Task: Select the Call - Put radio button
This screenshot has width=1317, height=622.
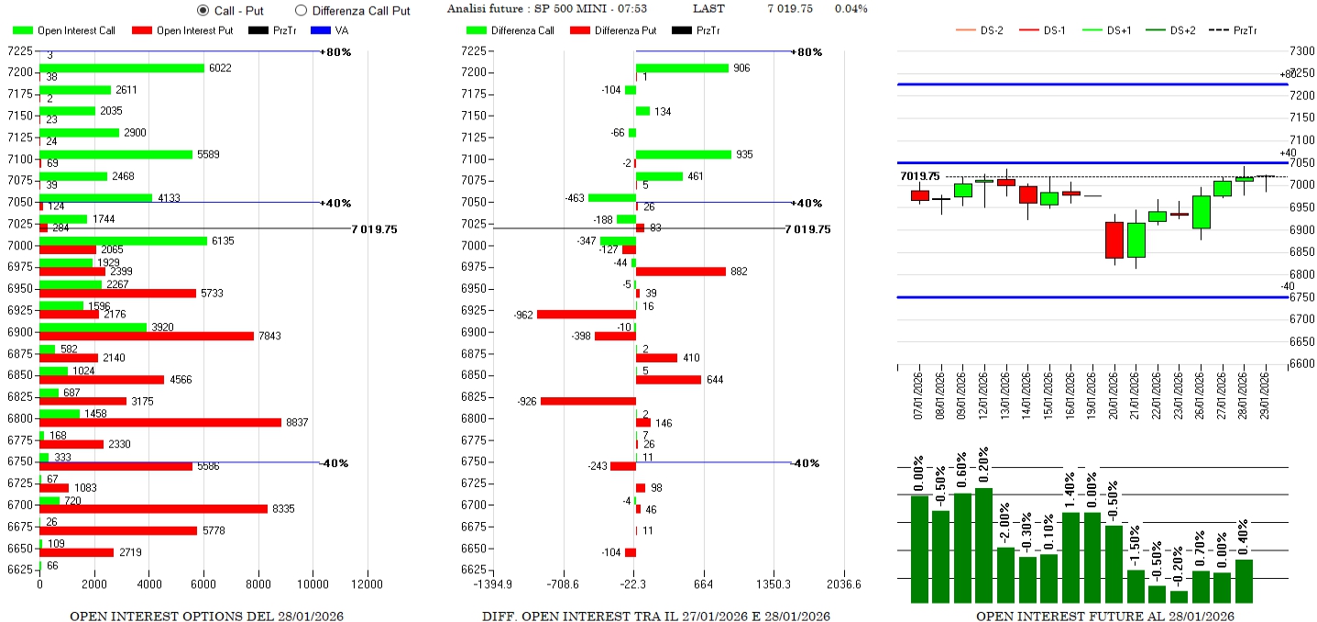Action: coord(203,10)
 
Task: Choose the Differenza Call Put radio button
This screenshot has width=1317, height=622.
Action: coord(301,10)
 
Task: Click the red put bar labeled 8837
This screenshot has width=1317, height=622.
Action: coord(160,422)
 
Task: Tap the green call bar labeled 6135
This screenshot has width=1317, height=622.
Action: coord(123,240)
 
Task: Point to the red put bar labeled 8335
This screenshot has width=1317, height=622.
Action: coord(153,508)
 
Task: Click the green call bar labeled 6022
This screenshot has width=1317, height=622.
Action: coord(122,68)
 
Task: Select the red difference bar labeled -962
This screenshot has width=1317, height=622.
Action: coord(587,314)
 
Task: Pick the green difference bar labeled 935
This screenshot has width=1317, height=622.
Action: coord(684,154)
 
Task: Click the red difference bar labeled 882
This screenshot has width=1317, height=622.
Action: coord(681,272)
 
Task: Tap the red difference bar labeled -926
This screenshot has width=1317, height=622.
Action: coord(588,401)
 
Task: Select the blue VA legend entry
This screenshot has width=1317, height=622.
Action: coord(327,30)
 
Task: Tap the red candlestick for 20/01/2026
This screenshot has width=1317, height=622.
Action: coord(1114,240)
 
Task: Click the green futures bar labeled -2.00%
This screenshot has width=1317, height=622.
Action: coord(1006,575)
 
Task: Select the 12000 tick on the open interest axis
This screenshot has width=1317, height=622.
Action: coord(368,583)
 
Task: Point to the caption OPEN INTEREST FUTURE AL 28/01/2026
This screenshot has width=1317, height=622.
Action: coord(1104,616)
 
